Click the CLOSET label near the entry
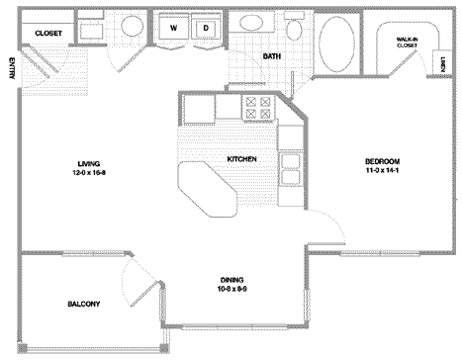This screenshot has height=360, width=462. coord(48,33)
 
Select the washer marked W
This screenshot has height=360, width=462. coord(173,29)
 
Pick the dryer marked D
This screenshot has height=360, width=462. coord(206,29)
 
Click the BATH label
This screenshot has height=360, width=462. coord(271,56)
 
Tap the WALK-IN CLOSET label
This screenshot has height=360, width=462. coord(406,43)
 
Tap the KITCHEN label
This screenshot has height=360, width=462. coord(243,157)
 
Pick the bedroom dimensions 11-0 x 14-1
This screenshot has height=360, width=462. coord(383,173)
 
